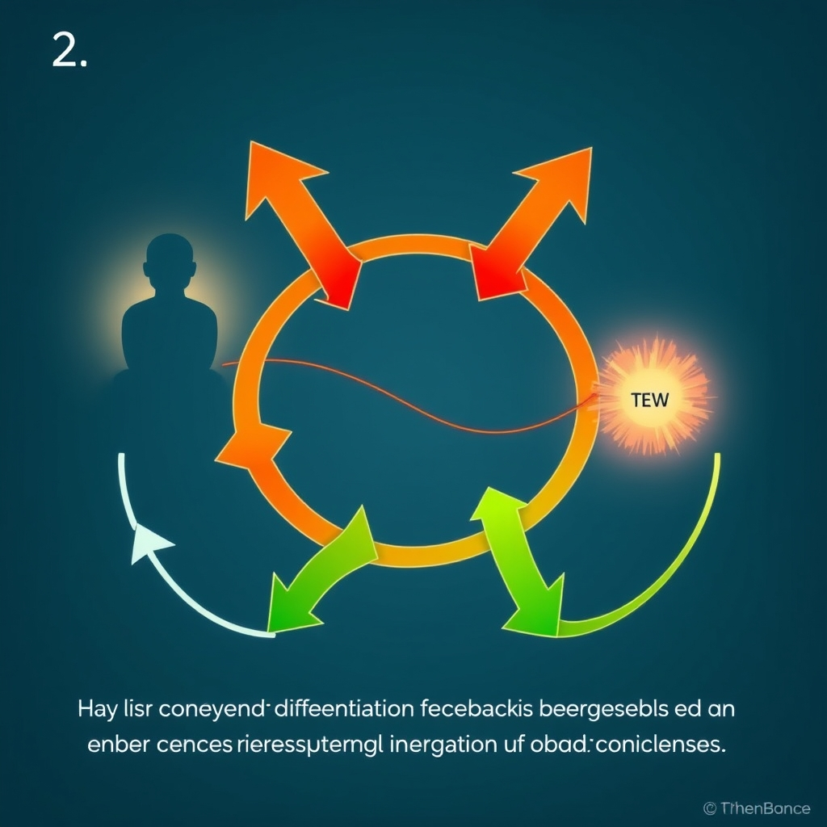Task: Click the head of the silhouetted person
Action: point(170,260)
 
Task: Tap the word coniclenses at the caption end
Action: point(663,744)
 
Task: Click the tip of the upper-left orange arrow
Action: point(257,149)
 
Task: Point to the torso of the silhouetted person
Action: point(170,331)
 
